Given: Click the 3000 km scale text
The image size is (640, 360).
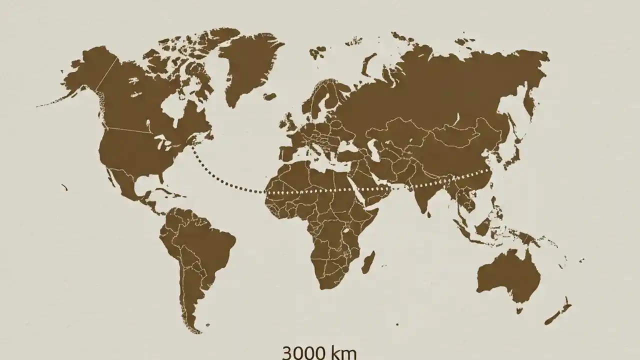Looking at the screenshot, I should point(319,352).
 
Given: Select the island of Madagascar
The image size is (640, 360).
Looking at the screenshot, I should point(368,262).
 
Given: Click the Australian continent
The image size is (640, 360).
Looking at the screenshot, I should point(507,275).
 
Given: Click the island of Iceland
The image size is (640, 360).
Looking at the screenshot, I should point(270,96).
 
